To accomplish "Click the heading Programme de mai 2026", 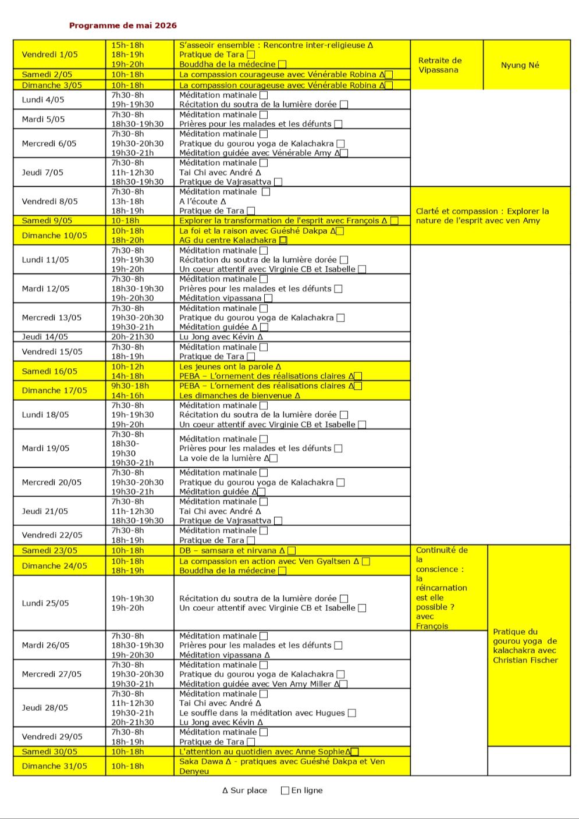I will click(123, 26).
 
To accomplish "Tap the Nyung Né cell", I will click(520, 65).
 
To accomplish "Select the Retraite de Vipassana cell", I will click(440, 65).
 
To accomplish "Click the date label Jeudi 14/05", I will click(45, 337).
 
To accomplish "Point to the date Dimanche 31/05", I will click(54, 766).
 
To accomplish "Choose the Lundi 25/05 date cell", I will click(45, 603).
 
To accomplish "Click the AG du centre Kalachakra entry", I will click(228, 240).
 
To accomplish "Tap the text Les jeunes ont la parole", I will click(226, 366).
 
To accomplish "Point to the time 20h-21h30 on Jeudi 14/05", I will click(133, 337).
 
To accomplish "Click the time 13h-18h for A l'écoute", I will click(127, 201).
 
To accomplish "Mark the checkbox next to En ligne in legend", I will click(285, 790).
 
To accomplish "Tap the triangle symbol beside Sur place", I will click(225, 790).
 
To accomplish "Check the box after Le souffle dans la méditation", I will click(351, 713).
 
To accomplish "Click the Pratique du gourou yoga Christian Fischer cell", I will click(525, 646).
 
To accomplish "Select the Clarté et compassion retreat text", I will click(482, 216).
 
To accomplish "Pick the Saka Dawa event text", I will click(282, 766).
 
